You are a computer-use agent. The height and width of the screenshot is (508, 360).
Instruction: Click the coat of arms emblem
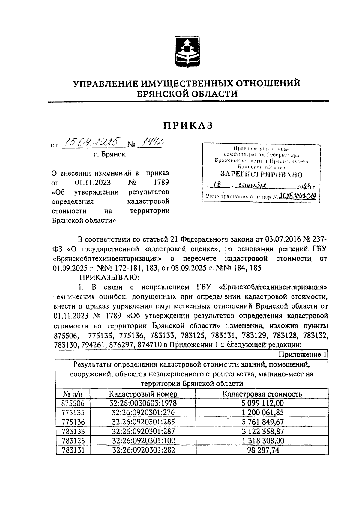[188, 52]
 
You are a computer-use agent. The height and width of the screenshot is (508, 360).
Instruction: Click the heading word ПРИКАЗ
[188, 125]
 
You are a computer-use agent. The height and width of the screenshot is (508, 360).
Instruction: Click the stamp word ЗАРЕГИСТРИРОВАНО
[261, 175]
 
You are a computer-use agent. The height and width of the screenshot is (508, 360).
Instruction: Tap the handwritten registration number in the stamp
[298, 196]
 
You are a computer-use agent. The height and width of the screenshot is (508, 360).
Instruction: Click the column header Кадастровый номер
[143, 394]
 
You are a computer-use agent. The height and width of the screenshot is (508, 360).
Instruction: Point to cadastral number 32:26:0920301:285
[143, 422]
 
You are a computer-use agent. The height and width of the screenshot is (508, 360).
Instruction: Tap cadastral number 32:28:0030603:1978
[143, 403]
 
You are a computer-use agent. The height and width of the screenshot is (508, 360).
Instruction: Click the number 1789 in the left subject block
[161, 182]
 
